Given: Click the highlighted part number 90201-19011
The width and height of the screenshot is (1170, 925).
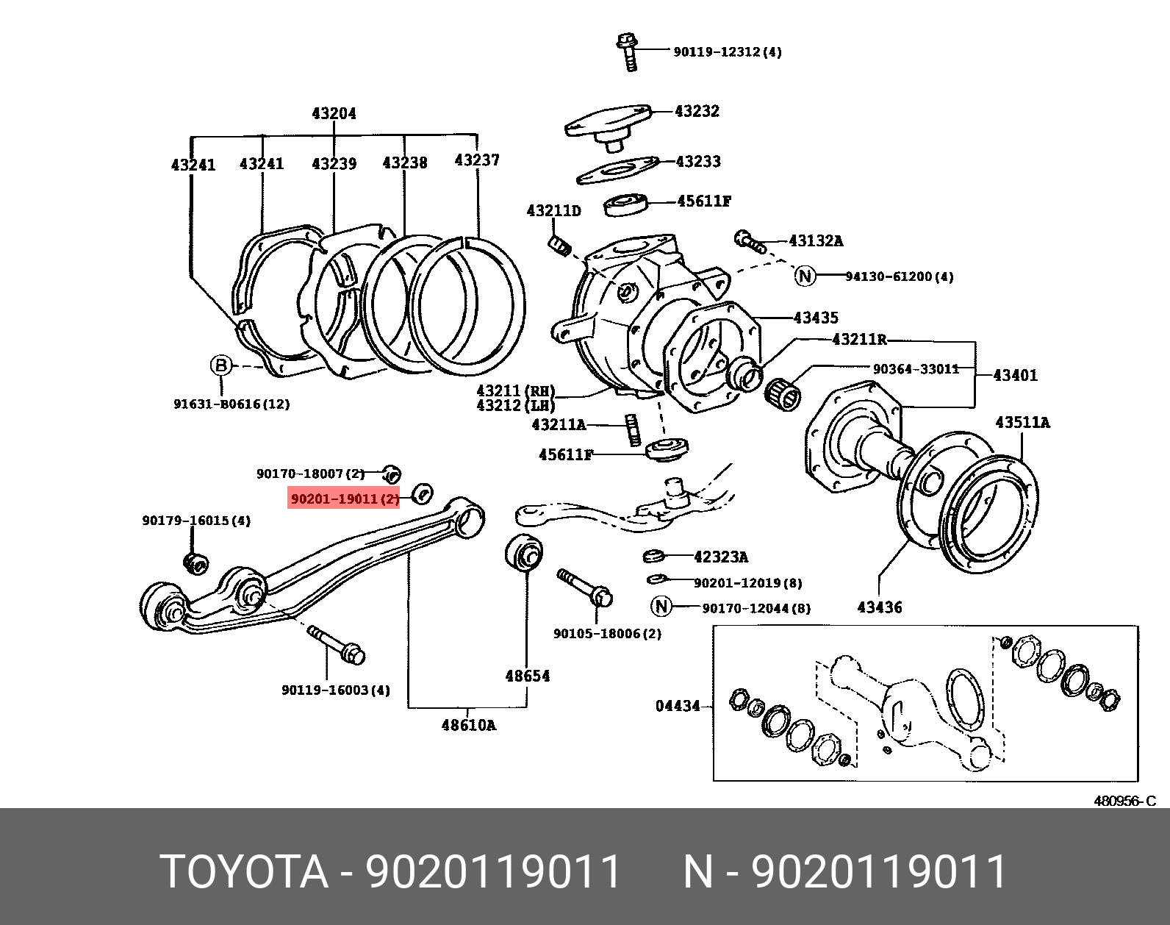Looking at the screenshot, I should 344,499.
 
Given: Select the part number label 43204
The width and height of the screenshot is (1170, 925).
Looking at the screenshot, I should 334,113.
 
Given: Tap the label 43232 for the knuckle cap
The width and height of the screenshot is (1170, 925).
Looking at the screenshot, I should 697,111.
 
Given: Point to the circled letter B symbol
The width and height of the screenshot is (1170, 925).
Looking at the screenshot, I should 221,365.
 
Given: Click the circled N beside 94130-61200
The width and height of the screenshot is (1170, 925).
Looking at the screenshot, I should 805,276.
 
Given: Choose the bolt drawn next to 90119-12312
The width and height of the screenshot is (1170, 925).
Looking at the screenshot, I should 628,52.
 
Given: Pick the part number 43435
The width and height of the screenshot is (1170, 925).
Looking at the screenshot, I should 816,318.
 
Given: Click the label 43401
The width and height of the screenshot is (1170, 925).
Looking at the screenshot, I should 1015,375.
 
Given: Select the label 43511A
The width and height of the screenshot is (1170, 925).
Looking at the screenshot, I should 1022,422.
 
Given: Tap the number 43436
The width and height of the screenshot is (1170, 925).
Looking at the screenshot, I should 879,607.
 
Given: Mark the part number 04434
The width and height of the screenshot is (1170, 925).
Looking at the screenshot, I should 678,706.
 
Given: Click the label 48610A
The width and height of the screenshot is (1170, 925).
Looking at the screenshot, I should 468,726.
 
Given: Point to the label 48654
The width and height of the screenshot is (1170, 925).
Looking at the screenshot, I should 527,676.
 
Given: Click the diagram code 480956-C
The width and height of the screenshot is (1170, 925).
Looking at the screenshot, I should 1124,801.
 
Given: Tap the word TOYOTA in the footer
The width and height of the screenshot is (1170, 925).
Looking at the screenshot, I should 243,872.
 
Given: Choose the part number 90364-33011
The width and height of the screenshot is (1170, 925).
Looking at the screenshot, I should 916,368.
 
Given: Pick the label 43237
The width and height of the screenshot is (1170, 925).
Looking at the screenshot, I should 477,160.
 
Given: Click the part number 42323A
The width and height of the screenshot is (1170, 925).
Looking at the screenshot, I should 720,557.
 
